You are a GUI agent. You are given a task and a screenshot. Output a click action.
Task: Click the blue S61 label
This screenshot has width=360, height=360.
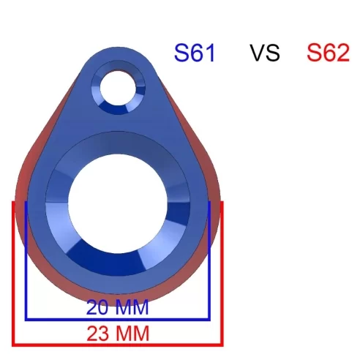(194, 53)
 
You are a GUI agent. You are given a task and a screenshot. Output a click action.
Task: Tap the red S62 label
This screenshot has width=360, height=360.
(327, 53)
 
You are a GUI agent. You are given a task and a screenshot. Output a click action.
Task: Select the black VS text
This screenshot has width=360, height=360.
(264, 53)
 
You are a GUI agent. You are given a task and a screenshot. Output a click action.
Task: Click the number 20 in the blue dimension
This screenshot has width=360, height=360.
(99, 307)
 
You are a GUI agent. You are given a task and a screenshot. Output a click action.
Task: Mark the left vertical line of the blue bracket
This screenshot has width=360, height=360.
(26, 260)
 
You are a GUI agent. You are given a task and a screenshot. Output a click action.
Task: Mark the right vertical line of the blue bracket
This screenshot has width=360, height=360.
(209, 260)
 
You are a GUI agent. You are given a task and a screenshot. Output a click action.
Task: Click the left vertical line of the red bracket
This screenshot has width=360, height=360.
(13, 271)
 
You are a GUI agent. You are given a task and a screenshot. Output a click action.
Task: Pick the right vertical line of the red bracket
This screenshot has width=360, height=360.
(221, 271)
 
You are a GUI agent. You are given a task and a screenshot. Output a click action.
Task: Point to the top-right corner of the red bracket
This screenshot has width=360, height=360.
(221, 202)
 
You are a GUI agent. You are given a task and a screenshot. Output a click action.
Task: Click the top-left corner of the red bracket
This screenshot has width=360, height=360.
(13, 202)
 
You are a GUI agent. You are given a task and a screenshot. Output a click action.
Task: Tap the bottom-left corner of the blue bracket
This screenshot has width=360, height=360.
(26, 319)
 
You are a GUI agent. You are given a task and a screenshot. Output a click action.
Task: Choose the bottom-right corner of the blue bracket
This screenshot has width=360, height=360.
(209, 319)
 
